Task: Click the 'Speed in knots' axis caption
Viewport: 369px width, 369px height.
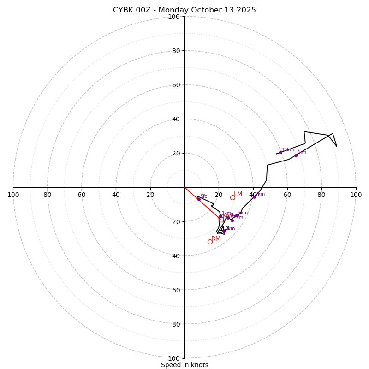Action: (184, 365)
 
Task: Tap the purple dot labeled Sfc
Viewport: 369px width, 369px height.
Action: (199, 199)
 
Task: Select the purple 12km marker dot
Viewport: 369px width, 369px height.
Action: (280, 152)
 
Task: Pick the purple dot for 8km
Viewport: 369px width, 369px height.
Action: (296, 155)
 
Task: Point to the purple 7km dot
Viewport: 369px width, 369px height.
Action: (254, 197)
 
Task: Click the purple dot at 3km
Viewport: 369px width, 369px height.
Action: (224, 231)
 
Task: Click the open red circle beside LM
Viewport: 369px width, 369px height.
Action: (232, 197)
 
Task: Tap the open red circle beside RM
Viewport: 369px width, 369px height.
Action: (210, 242)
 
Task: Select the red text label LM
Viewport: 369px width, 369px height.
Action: (238, 194)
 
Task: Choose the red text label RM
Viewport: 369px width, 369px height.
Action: (216, 238)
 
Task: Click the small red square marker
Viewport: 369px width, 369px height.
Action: (221, 220)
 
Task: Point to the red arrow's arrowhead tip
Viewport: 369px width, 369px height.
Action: (220, 218)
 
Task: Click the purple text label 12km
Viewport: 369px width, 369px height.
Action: (288, 149)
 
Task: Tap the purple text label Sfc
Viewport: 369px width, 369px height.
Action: (203, 196)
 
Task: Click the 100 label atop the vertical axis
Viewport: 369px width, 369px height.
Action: (173, 17)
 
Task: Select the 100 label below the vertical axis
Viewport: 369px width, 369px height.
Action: (173, 358)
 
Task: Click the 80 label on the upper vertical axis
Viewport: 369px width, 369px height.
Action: (175, 51)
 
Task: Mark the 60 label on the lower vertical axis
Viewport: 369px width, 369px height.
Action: (175, 290)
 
